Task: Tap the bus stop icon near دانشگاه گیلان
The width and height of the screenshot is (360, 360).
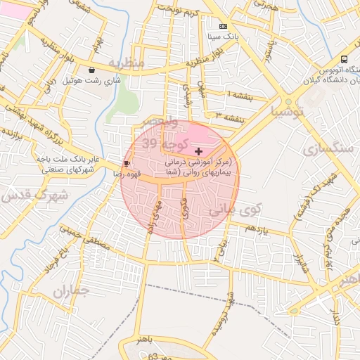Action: pos(344,59)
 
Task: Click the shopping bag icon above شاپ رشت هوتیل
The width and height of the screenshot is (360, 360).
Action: pos(93,70)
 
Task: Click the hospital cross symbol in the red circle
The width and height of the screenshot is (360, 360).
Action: pos(198,151)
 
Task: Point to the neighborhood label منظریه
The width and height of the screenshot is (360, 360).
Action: pos(127,63)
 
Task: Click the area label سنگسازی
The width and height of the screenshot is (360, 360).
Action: pos(325,149)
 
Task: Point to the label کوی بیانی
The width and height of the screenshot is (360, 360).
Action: pos(236,209)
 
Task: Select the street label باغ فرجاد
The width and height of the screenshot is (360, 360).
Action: pos(58,262)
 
